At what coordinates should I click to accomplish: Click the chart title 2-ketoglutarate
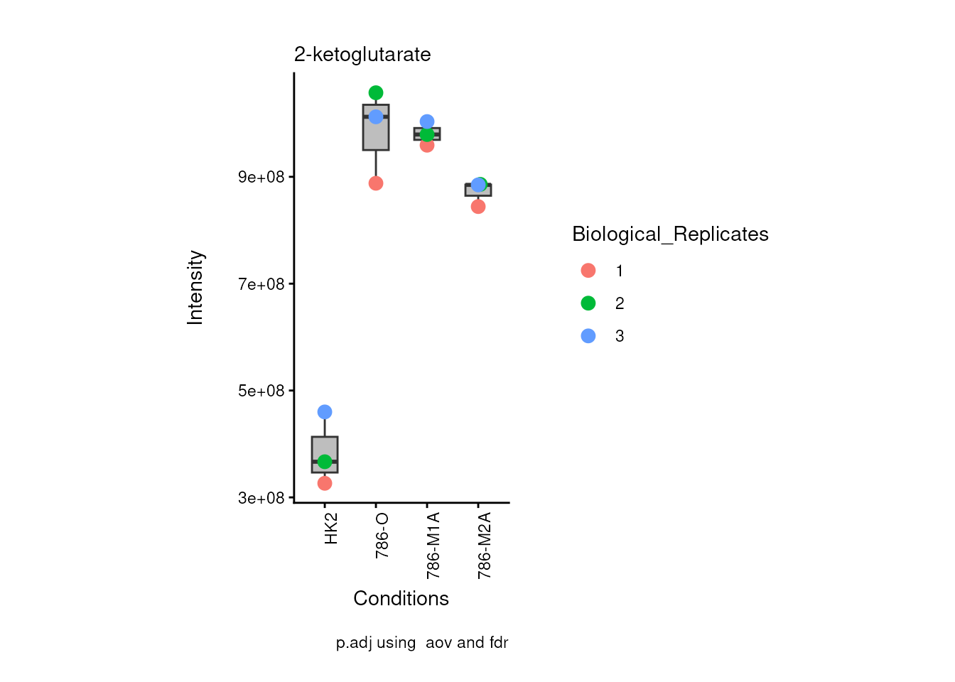[362, 55]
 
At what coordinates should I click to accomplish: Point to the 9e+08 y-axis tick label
[261, 177]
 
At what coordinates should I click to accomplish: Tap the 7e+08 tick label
[261, 284]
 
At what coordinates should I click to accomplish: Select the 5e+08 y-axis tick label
[261, 391]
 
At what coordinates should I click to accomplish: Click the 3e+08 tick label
[261, 498]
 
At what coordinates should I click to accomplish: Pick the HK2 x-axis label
[331, 529]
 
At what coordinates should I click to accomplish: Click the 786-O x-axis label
[382, 535]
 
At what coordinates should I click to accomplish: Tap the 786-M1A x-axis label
[433, 545]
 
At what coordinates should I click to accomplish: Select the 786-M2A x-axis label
[485, 545]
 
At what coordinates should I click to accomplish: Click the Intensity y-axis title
[195, 288]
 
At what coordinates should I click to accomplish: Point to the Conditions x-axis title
[401, 598]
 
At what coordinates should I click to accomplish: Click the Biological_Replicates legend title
[670, 234]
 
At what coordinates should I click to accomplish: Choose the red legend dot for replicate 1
[588, 271]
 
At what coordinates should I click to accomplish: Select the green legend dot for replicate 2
[588, 303]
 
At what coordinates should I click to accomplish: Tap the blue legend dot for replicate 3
[588, 336]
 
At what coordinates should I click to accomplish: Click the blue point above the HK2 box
[325, 412]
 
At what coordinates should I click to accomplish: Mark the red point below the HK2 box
[325, 483]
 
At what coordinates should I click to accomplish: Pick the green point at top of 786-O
[376, 93]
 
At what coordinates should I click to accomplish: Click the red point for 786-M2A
[478, 207]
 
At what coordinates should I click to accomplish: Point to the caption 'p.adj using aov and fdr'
[422, 643]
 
